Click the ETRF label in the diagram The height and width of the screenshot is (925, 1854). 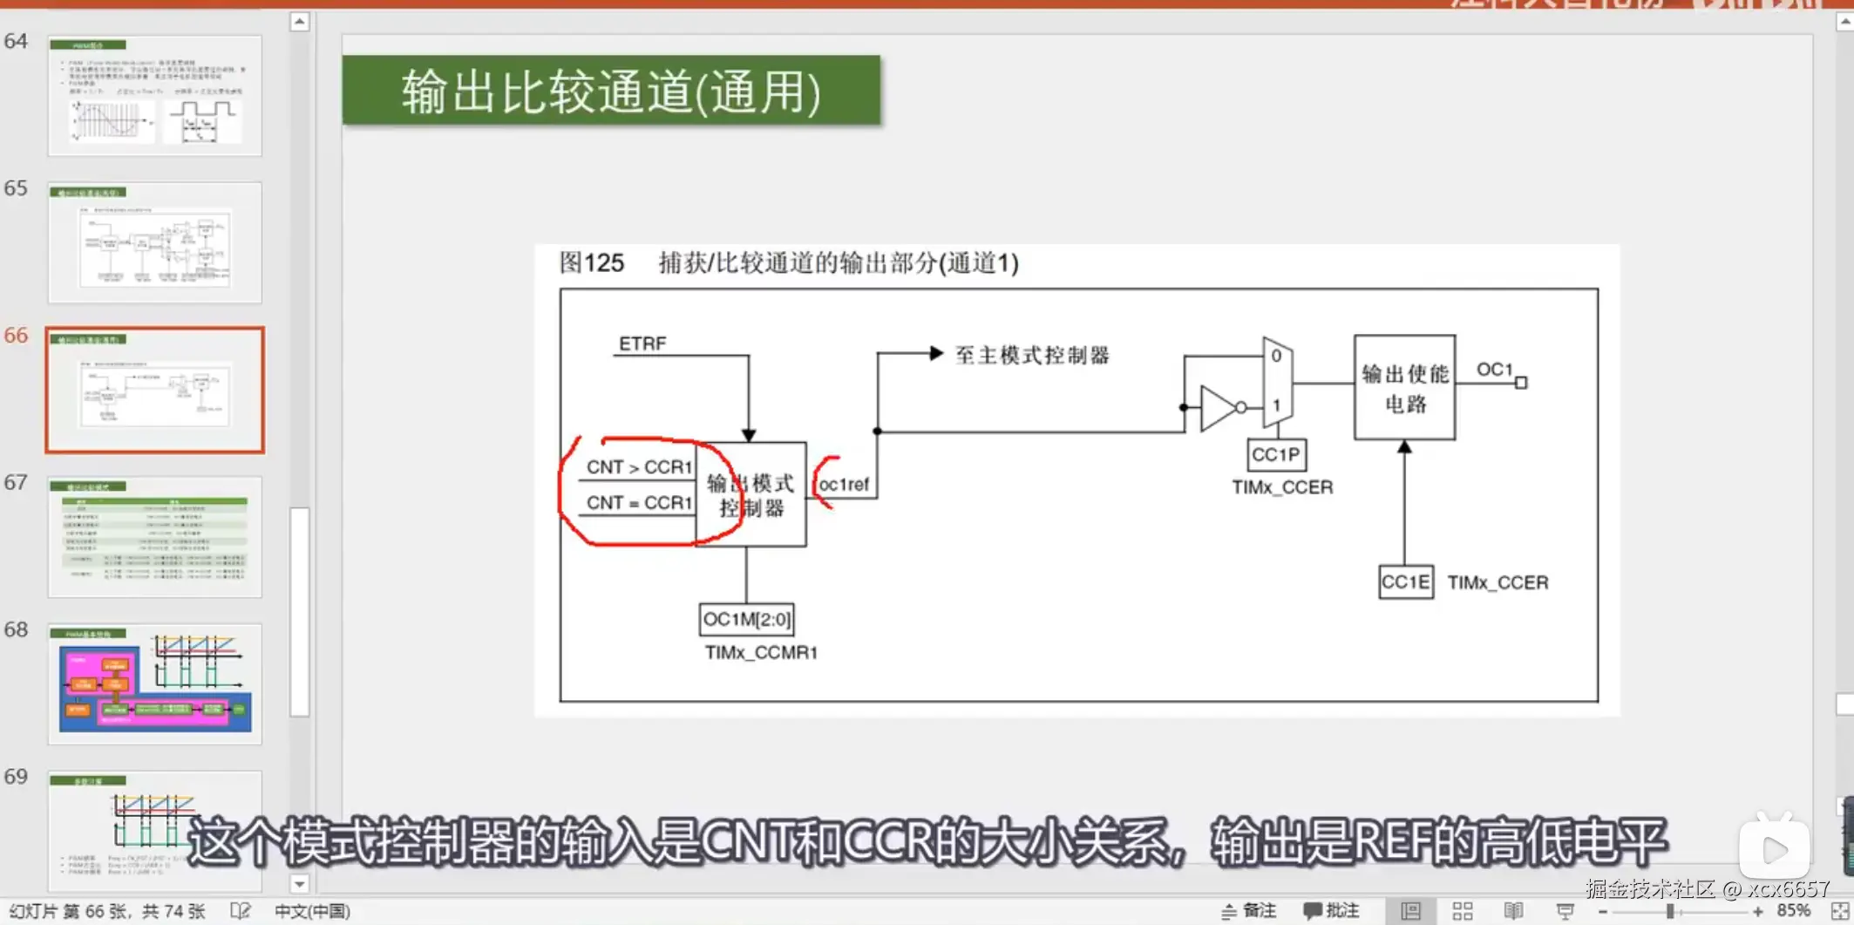pyautogui.click(x=642, y=343)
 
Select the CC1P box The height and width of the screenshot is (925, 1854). pyautogui.click(x=1276, y=455)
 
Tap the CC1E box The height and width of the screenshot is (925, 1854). pyautogui.click(x=1405, y=582)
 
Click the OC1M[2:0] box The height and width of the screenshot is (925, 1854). pyautogui.click(x=747, y=620)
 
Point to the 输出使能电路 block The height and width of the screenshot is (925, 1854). pyautogui.click(x=1404, y=388)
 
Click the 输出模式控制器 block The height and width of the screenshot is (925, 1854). pyautogui.click(x=750, y=495)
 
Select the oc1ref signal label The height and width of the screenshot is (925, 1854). pyautogui.click(x=844, y=485)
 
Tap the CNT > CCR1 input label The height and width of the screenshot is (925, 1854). pyautogui.click(x=639, y=467)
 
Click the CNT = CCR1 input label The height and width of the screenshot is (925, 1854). pyautogui.click(x=639, y=503)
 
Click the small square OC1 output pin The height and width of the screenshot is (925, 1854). pyautogui.click(x=1521, y=383)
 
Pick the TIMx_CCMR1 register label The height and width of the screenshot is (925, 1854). pyautogui.click(x=761, y=653)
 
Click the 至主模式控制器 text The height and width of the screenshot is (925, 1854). pyautogui.click(x=1032, y=355)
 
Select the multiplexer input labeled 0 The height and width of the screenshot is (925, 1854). pyautogui.click(x=1276, y=356)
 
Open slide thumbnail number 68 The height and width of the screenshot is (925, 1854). pyautogui.click(x=155, y=684)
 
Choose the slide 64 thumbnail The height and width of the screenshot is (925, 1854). pyautogui.click(x=155, y=96)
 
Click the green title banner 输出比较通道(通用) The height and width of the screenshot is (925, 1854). pyautogui.click(x=611, y=92)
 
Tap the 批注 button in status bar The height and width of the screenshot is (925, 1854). pyautogui.click(x=1332, y=911)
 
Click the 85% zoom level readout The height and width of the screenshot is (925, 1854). pyautogui.click(x=1793, y=911)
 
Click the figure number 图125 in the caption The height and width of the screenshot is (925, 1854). pyautogui.click(x=592, y=262)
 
